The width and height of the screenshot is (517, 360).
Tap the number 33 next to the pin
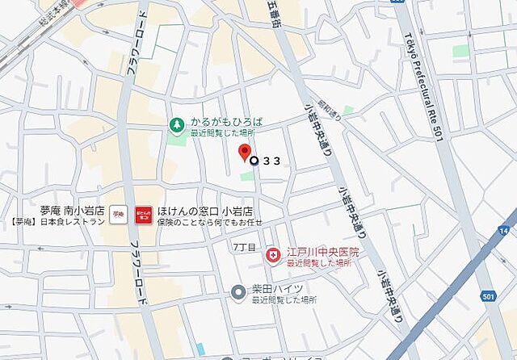point(271,161)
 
